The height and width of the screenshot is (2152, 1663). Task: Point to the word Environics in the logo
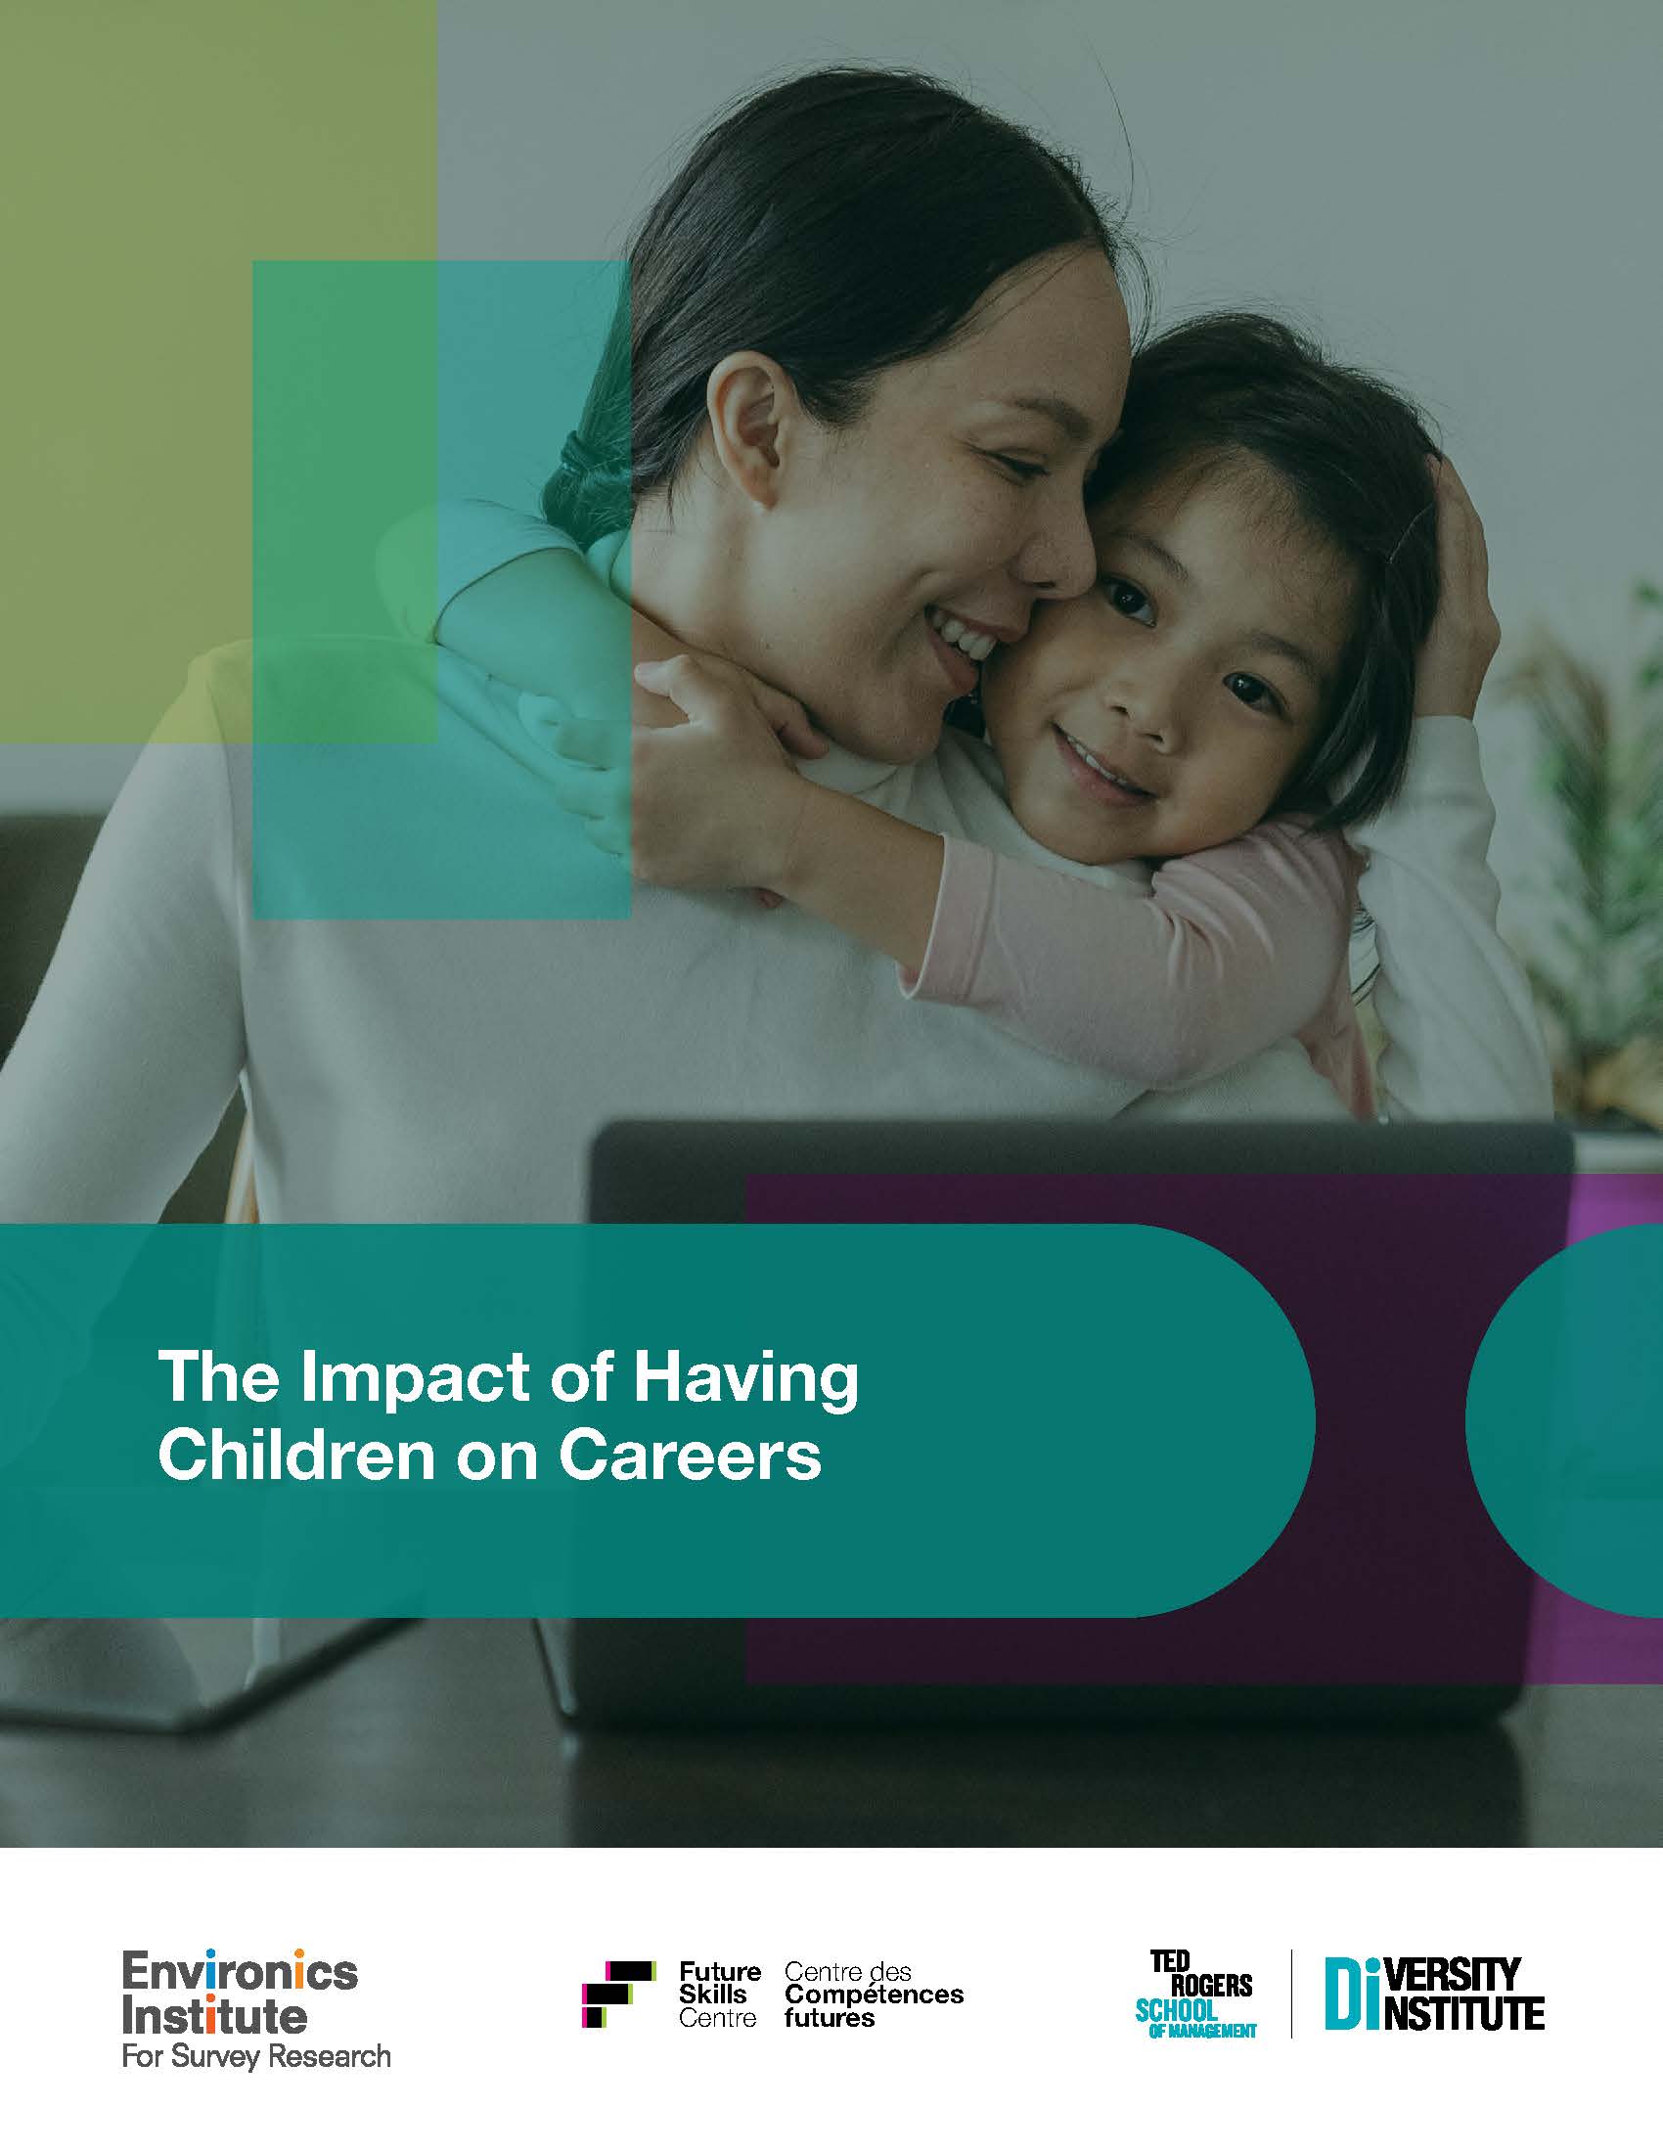pyautogui.click(x=240, y=1973)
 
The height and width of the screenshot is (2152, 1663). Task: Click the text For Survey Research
pyautogui.click(x=256, y=2056)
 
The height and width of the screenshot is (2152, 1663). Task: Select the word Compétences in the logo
pyautogui.click(x=873, y=1995)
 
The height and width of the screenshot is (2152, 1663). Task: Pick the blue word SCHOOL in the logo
pyautogui.click(x=1175, y=2010)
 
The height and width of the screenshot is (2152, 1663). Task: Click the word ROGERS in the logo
pyautogui.click(x=1211, y=1986)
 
